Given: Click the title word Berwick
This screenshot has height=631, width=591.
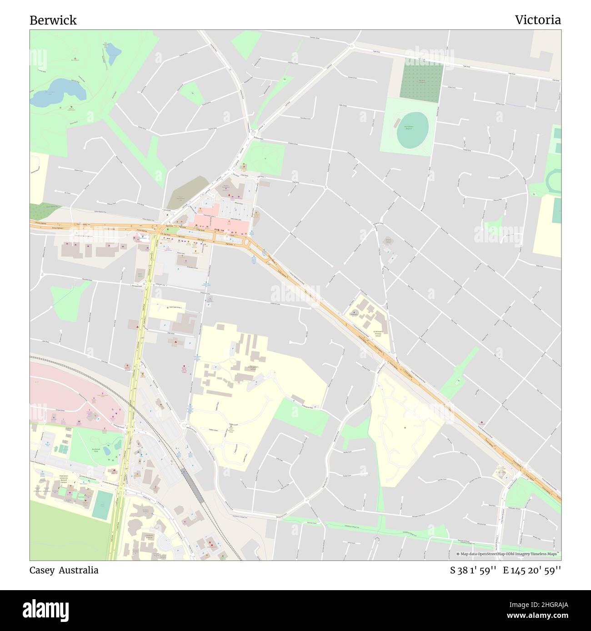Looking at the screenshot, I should [x=53, y=20].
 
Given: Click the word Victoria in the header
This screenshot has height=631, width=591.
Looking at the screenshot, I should [x=538, y=20].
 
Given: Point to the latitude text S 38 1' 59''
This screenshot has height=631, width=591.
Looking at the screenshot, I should [x=472, y=570].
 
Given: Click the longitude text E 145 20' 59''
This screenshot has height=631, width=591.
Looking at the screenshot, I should [x=532, y=570].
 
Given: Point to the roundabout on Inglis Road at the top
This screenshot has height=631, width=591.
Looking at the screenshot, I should [x=351, y=45].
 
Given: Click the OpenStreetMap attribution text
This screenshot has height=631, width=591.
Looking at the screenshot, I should [x=509, y=554].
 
